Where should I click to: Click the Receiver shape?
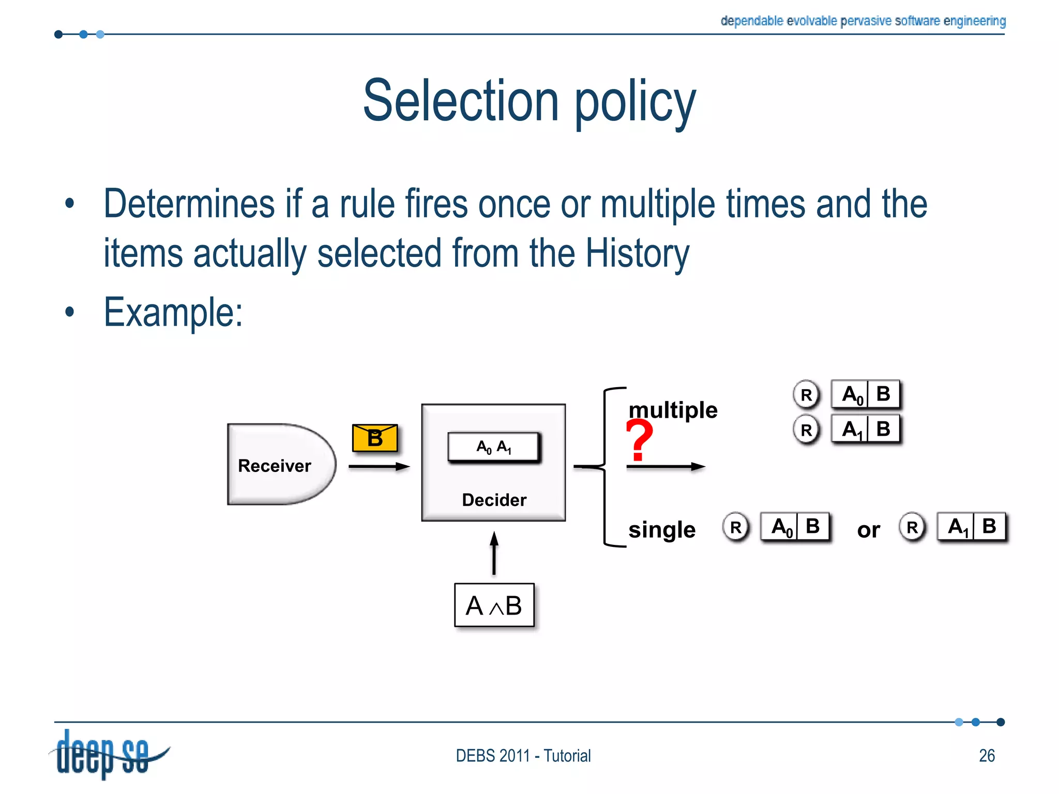tap(279, 464)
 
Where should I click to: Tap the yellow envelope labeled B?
tap(375, 438)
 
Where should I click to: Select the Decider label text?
tap(494, 500)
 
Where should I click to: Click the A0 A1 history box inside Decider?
tap(494, 447)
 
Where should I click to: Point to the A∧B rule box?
tap(494, 605)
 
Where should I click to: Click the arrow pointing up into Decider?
tap(494, 553)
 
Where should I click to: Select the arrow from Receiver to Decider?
tap(379, 467)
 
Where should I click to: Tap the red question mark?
tap(639, 439)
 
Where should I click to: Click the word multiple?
tap(673, 410)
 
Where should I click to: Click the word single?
tap(662, 530)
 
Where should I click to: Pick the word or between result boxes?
tap(868, 530)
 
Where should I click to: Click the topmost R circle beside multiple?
tap(806, 395)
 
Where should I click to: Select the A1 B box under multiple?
tap(866, 429)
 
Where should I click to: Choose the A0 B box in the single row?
tap(795, 527)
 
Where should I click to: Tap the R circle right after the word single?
tap(735, 527)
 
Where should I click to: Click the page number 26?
tap(987, 756)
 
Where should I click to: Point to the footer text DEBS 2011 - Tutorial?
tap(523, 756)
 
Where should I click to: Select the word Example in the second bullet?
tap(173, 312)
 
